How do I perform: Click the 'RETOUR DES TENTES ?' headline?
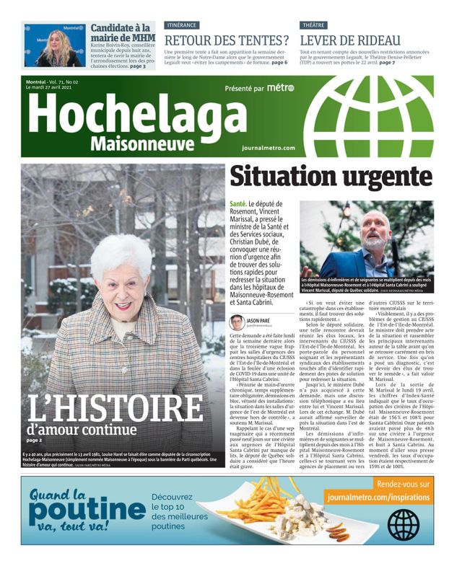227,40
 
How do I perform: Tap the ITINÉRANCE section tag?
183,25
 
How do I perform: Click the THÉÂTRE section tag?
314,25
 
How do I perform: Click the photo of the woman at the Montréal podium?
54,45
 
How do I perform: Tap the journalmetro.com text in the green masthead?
269,148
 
